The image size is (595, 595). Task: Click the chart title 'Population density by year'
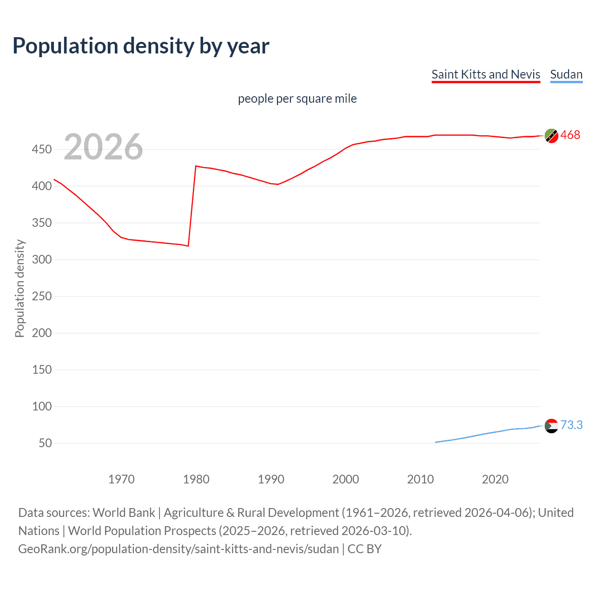[141, 46]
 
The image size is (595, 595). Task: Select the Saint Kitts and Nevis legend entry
[486, 74]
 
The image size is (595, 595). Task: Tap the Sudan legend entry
[566, 74]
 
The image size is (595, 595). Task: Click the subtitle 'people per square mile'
[297, 99]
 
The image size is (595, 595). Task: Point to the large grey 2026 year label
[103, 147]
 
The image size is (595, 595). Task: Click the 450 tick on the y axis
[42, 150]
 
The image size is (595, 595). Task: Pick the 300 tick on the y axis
[42, 259]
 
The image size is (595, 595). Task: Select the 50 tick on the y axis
[45, 443]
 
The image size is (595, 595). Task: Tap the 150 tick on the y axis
[42, 370]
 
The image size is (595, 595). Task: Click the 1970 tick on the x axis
[121, 479]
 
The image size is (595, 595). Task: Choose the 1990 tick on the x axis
[271, 479]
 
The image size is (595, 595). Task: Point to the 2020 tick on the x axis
[495, 479]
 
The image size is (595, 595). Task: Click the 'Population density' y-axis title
[20, 288]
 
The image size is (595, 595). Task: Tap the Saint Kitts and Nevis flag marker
[551, 136]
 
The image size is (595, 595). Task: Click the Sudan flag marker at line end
[551, 426]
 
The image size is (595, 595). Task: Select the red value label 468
[570, 135]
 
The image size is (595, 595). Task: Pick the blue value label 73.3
[571, 425]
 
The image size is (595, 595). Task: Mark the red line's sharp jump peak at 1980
[196, 166]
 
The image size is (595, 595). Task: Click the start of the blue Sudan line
[436, 442]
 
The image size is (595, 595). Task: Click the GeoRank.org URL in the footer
[178, 549]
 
